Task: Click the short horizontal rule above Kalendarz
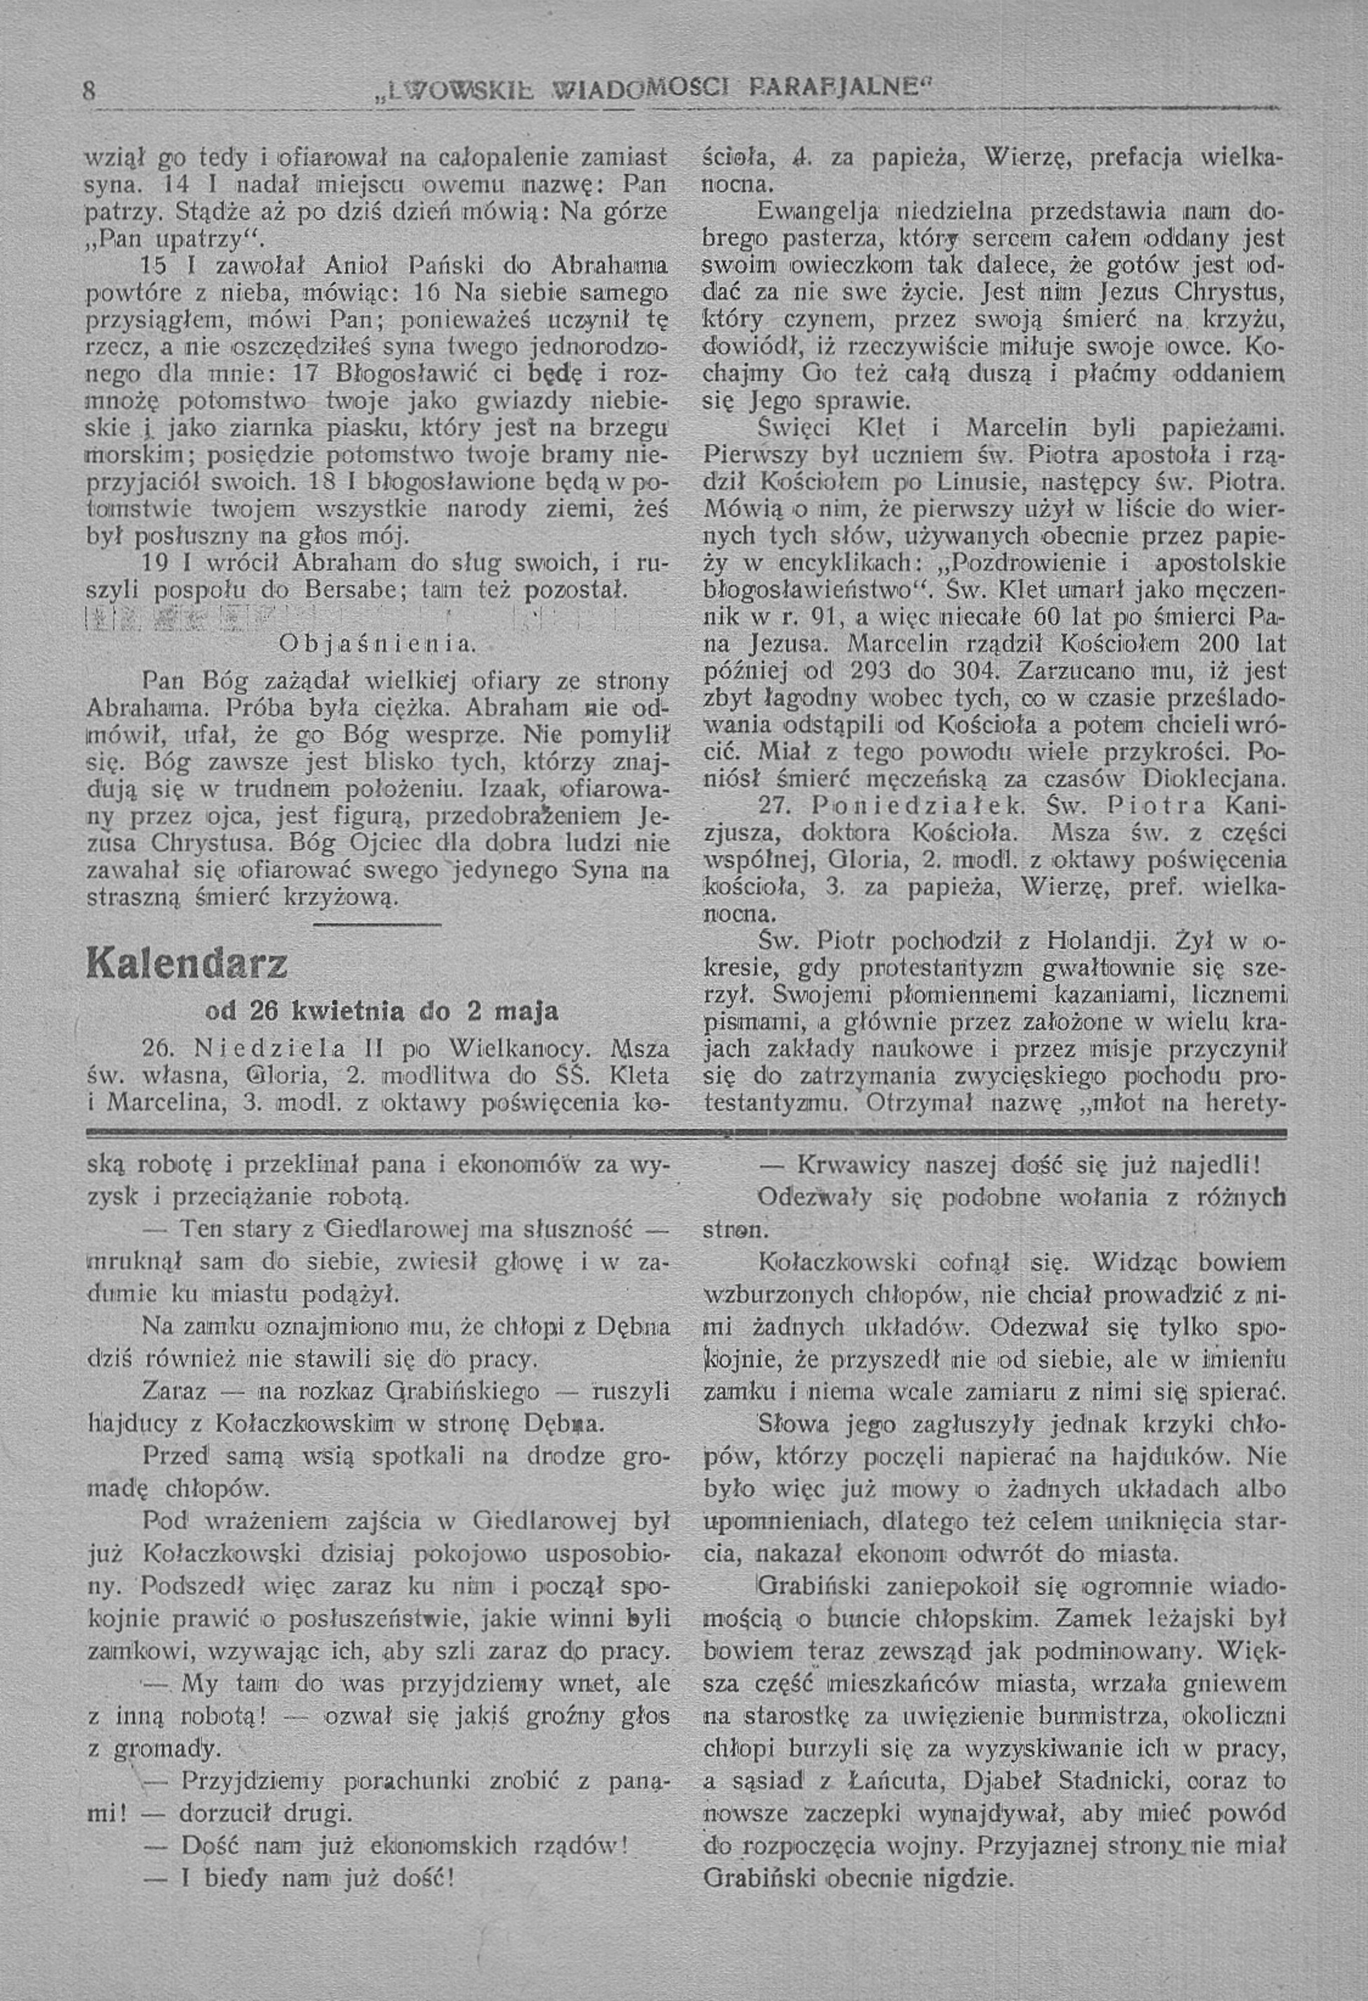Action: pyautogui.click(x=376, y=925)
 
